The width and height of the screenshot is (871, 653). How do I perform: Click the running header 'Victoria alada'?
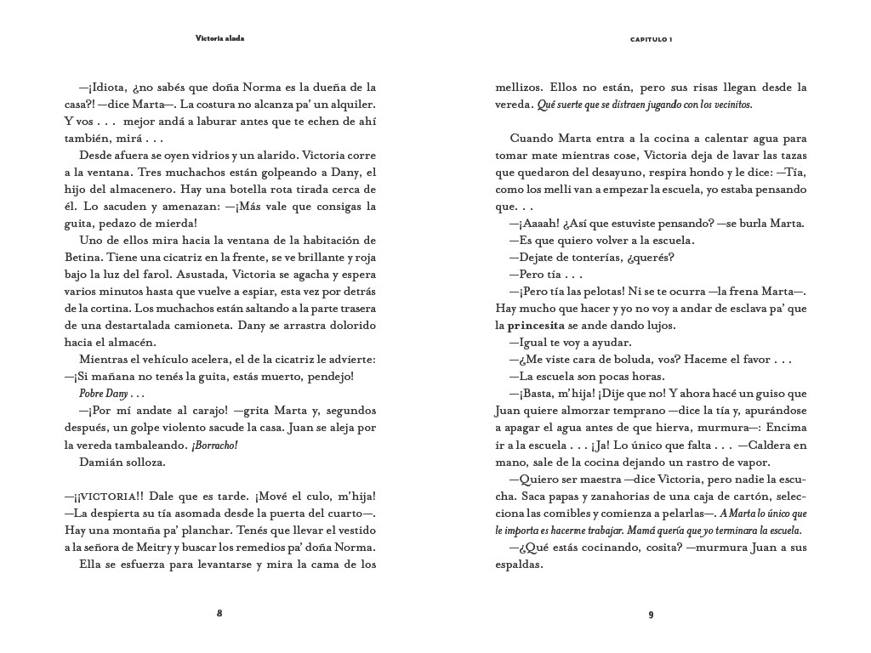click(219, 38)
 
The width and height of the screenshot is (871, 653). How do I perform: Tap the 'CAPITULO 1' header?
click(651, 39)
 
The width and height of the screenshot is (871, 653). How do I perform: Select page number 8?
click(219, 614)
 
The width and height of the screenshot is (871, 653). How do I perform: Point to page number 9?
click(651, 614)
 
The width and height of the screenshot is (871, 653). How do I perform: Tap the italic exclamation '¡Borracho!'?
click(214, 445)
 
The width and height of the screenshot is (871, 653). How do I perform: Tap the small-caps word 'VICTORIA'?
click(107, 496)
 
